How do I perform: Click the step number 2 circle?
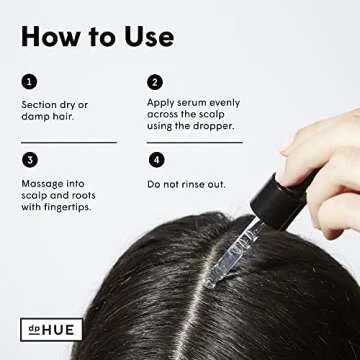(155, 81)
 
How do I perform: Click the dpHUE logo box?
(51, 328)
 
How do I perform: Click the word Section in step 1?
(38, 104)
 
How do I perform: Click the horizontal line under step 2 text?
(195, 141)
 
